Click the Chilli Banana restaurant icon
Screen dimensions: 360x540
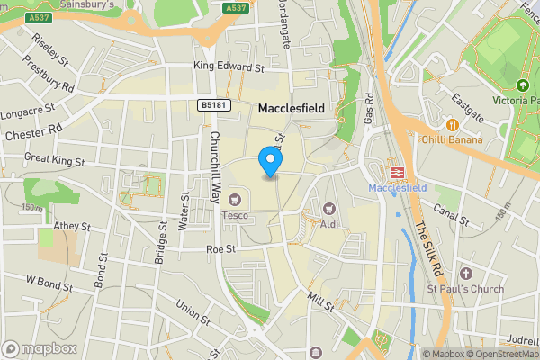tap(452, 123)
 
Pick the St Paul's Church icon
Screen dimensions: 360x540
tap(464, 273)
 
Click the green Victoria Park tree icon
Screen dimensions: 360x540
tap(522, 86)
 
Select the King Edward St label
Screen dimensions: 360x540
tap(229, 67)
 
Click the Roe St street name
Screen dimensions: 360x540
tap(220, 249)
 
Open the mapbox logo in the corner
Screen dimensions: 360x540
tap(40, 348)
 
